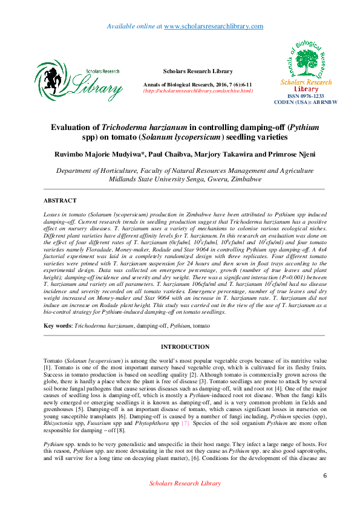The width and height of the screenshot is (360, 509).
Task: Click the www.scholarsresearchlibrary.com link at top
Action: pyautogui.click(x=214, y=26)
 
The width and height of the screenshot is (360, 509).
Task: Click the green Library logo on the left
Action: pyautogui.click(x=79, y=80)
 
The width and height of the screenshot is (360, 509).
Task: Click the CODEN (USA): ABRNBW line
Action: pyautogui.click(x=306, y=102)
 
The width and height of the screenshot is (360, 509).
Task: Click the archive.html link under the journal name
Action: pyautogui.click(x=197, y=91)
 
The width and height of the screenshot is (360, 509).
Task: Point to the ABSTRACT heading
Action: pyautogui.click(x=60, y=200)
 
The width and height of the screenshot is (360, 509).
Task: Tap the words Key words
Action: pyautogui.click(x=57, y=325)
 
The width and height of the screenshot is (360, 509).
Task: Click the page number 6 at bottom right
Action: pyautogui.click(x=325, y=493)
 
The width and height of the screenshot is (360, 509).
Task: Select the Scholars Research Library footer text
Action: pyautogui.click(x=185, y=501)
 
